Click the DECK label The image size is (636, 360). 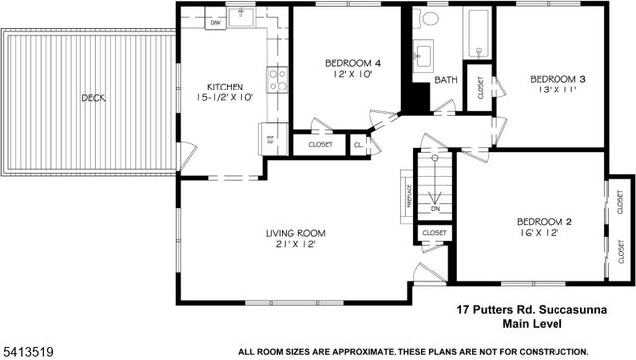pos(94,97)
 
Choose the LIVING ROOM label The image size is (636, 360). pos(295,233)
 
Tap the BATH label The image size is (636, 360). pos(445,80)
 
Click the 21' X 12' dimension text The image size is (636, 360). pos(295,246)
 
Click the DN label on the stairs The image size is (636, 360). pos(434,209)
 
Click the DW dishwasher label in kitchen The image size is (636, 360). pos(215,21)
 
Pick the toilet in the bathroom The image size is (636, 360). pos(431,19)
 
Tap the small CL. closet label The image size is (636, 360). pos(358,145)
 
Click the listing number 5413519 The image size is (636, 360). pos(31,350)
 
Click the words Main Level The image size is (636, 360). pos(535,323)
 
